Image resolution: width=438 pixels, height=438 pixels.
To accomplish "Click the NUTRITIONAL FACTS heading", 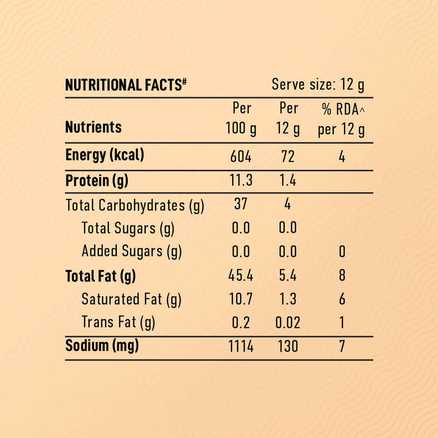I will coord(126,85).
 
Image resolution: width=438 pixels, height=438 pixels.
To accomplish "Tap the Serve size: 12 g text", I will coord(318,85).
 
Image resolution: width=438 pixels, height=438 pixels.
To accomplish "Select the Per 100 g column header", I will coord(241,119).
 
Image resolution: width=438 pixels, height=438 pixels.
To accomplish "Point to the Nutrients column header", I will coord(93,127).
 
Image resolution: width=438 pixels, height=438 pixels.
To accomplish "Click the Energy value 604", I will coord(241,157).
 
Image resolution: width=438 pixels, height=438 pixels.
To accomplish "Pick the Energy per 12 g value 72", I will coord(288,157).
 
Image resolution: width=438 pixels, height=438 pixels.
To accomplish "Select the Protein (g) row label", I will coord(96,181).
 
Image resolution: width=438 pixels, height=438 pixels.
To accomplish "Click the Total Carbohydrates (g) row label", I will coord(135,205).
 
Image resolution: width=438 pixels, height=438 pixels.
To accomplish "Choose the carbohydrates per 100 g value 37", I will coord(240,204).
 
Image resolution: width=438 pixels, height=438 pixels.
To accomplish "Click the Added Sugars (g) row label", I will coord(131,252).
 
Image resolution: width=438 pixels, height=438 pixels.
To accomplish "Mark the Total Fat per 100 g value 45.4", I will coord(241,276).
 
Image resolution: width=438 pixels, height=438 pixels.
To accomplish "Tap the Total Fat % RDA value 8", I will coord(342,276).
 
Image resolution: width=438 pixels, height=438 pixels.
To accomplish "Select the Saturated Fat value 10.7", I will coord(241,299).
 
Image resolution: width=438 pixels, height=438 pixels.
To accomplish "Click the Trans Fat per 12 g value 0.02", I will coord(287,322).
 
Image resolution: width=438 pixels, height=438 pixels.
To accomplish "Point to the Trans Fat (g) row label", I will coord(118,322).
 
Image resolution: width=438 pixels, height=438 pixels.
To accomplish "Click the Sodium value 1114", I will coord(241,347).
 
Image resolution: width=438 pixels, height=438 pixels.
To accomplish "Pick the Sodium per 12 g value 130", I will coord(287,347).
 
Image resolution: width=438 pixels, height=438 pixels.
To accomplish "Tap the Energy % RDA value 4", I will coord(342,157).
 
